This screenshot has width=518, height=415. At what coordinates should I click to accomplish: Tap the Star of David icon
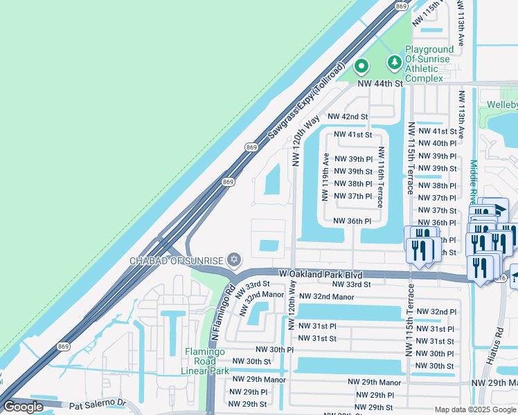[x=234, y=260]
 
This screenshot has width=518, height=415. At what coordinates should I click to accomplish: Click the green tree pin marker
[x=395, y=63]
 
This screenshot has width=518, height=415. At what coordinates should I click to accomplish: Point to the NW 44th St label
[x=380, y=83]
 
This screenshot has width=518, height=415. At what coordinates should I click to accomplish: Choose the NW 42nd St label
[x=348, y=117]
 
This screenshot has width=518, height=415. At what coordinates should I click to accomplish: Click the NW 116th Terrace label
[x=380, y=177]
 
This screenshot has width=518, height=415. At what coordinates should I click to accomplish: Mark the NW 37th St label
[x=435, y=210]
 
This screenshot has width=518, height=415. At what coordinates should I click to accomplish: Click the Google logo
[x=23, y=407]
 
